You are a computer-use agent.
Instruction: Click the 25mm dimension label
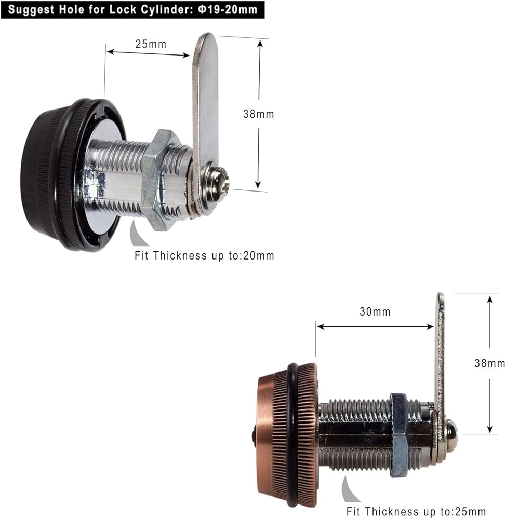(151, 44)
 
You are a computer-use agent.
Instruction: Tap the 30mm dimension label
(375, 311)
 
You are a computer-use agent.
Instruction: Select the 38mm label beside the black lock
(259, 114)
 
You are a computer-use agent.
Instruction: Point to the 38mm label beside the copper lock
(490, 363)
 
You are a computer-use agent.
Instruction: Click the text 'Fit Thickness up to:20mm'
(205, 255)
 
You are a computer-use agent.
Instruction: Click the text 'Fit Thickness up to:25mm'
(416, 511)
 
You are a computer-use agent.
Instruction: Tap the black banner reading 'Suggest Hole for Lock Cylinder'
(132, 9)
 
